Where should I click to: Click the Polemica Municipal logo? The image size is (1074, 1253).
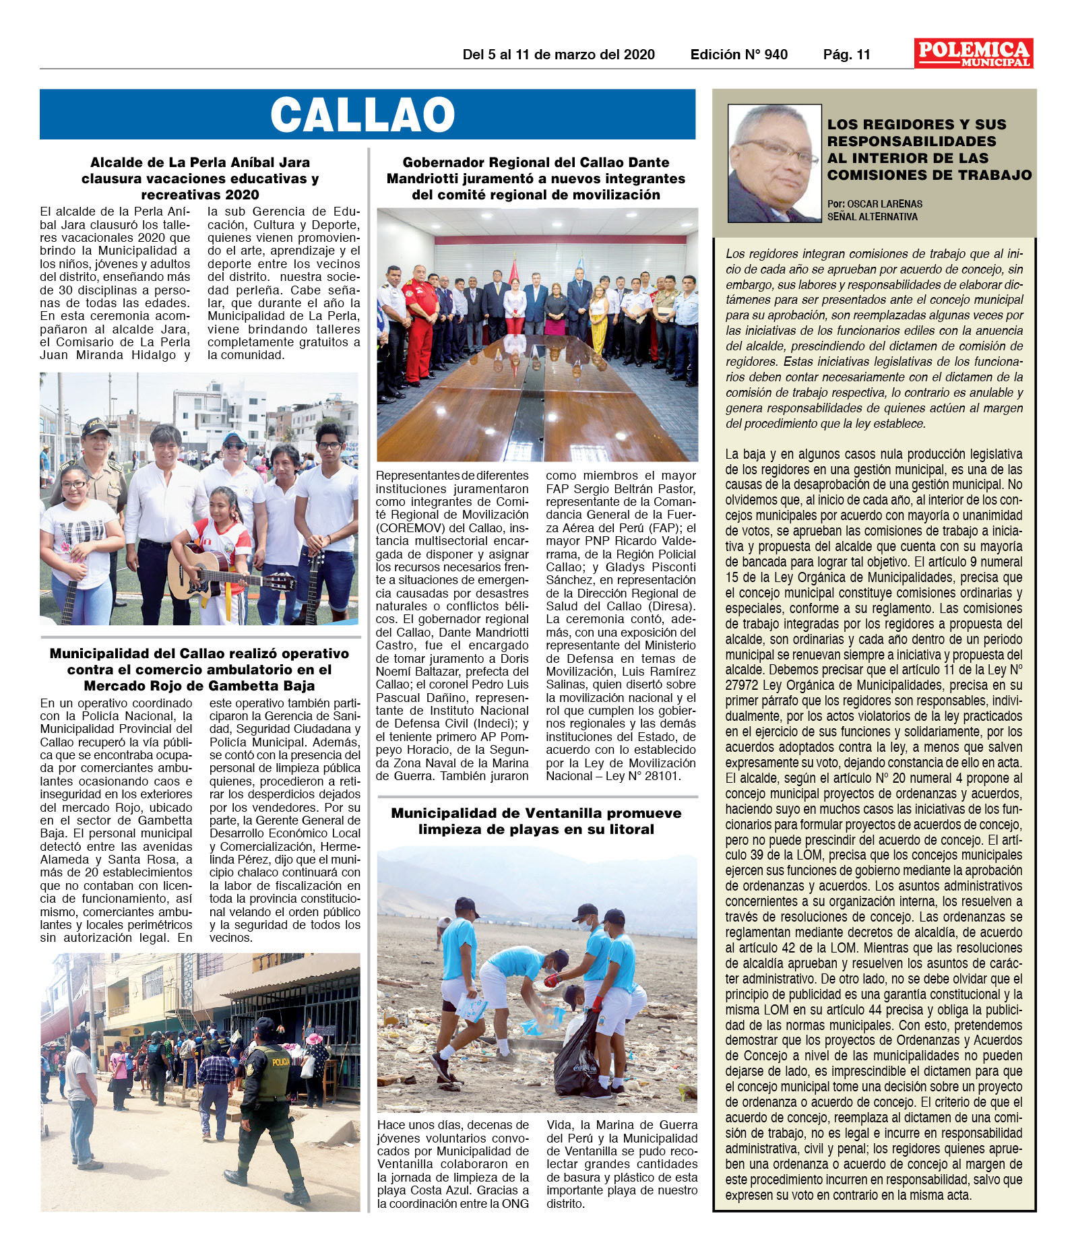click(x=973, y=53)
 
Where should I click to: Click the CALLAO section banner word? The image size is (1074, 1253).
click(x=362, y=115)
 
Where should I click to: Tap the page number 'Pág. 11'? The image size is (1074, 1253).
click(x=846, y=55)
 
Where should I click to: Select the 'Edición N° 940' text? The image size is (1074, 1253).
click(x=738, y=55)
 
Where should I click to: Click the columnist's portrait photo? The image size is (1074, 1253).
click(x=774, y=163)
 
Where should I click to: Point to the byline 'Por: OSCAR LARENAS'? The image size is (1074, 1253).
click(x=875, y=203)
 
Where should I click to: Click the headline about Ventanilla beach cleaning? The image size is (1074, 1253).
click(x=536, y=821)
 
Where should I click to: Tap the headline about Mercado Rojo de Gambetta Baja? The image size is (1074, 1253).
click(x=199, y=670)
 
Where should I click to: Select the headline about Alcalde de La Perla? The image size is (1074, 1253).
click(x=199, y=179)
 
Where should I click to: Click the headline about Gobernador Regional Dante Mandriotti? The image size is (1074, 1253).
click(x=536, y=179)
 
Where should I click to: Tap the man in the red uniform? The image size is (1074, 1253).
click(x=420, y=321)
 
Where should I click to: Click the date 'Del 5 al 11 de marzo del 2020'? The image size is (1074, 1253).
click(x=558, y=55)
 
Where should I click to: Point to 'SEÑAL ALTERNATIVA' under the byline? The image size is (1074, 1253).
click(x=872, y=217)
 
